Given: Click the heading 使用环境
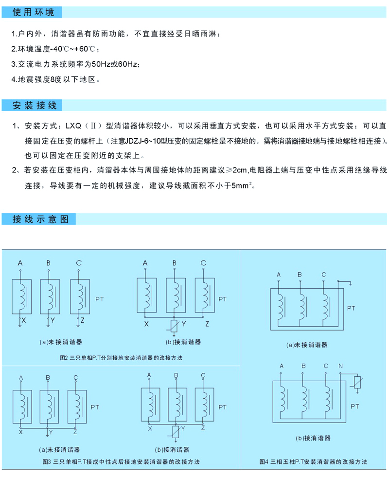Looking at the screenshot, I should pos(34,12).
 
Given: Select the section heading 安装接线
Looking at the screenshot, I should pos(35,106).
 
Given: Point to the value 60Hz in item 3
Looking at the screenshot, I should pos(128,64).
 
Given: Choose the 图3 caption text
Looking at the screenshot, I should pos(121,461).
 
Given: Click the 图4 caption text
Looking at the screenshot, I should pos(313,461).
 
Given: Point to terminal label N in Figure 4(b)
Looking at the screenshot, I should pos(340,366).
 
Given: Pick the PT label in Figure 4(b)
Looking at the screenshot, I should pos(355,405).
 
